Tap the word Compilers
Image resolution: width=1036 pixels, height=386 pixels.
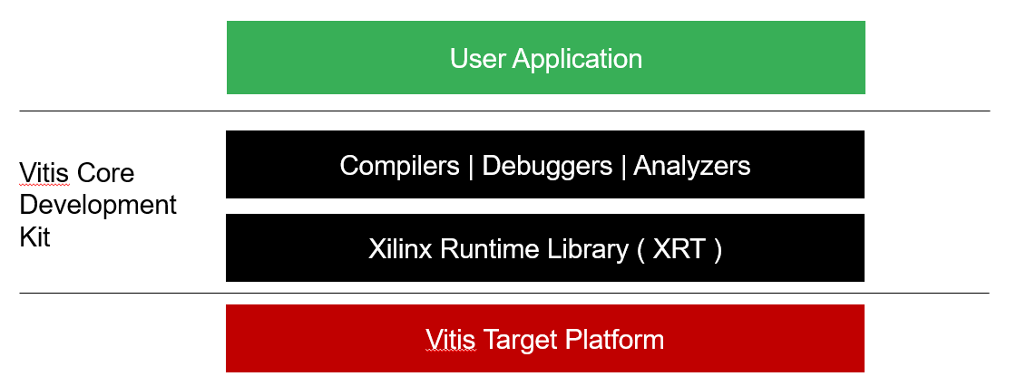click(x=400, y=166)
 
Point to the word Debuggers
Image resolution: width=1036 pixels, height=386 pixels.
click(x=547, y=167)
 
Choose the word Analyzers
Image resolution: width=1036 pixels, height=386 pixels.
click(x=692, y=166)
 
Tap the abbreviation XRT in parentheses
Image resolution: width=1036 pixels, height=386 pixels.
click(x=679, y=249)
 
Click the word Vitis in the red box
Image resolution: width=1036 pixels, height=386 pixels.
click(x=451, y=340)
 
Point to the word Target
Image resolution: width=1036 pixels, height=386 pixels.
click(x=521, y=341)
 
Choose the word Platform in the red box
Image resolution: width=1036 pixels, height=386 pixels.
click(x=615, y=340)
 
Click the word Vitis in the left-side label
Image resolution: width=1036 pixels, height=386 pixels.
click(x=44, y=173)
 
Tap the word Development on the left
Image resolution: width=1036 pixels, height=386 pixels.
click(x=99, y=205)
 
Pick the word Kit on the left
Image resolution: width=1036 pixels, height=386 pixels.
click(x=35, y=236)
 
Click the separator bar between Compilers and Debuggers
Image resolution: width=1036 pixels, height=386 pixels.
click(x=471, y=167)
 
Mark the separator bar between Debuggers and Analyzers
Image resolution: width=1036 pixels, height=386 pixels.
click(x=623, y=167)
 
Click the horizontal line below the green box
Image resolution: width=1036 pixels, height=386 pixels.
click(x=504, y=111)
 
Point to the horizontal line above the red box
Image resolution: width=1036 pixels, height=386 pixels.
click(x=504, y=293)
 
